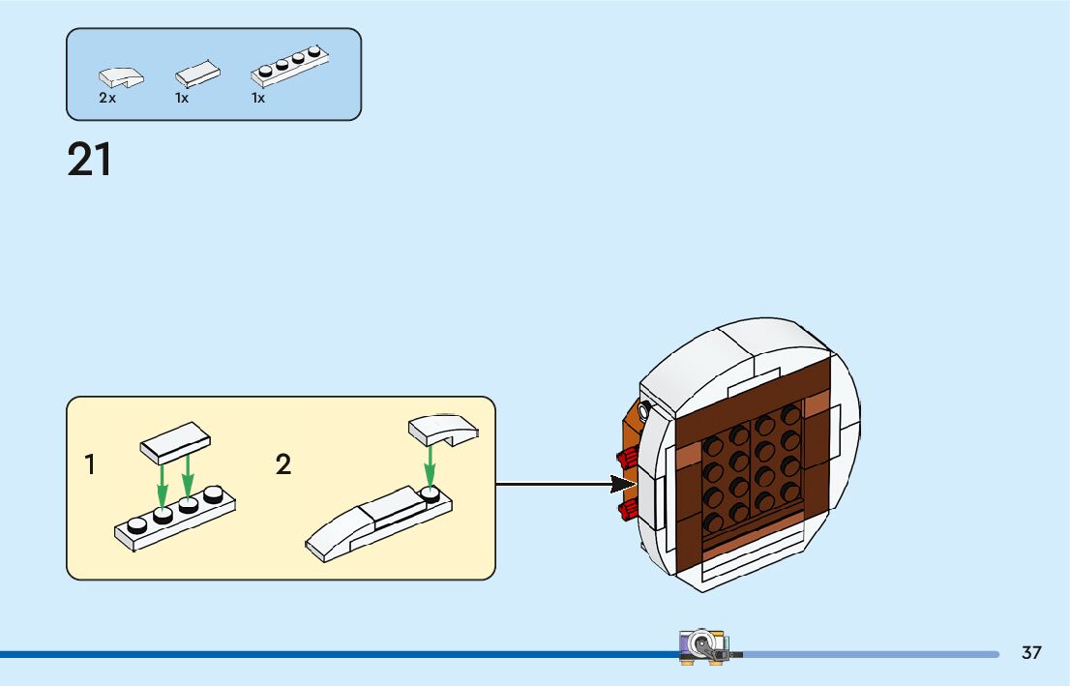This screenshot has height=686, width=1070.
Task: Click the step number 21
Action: pyautogui.click(x=89, y=161)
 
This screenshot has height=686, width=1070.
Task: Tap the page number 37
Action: pyautogui.click(x=1031, y=653)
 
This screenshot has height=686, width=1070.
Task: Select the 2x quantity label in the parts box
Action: pyautogui.click(x=106, y=98)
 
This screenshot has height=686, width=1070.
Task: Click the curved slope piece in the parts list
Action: pyautogui.click(x=121, y=76)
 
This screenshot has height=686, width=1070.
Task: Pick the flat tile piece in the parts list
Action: pyautogui.click(x=197, y=74)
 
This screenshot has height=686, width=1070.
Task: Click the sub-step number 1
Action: pyautogui.click(x=90, y=465)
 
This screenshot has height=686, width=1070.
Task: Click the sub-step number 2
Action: pyautogui.click(x=282, y=465)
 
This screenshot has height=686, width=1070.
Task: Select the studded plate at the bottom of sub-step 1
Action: pyautogui.click(x=175, y=521)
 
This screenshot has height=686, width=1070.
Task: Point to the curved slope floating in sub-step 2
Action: pyautogui.click(x=442, y=429)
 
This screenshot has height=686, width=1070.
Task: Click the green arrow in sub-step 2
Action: pyautogui.click(x=430, y=468)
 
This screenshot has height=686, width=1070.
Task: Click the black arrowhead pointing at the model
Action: pyautogui.click(x=622, y=483)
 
